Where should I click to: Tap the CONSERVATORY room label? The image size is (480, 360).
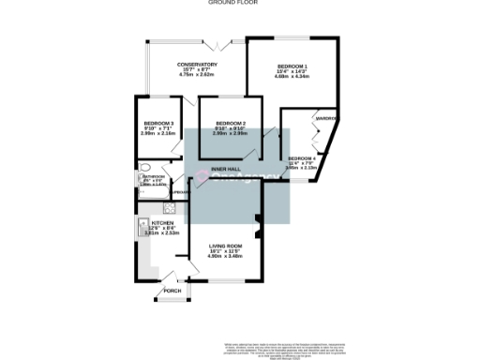(198, 64)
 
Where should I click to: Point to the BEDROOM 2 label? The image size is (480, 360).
(230, 124)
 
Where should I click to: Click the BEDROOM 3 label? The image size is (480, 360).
(158, 124)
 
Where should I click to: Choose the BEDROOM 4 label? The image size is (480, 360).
(303, 158)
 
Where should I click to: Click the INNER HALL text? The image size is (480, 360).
(226, 169)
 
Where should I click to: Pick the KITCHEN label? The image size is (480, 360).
(156, 222)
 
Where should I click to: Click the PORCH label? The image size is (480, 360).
(172, 291)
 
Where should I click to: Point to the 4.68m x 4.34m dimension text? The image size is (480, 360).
(292, 76)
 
